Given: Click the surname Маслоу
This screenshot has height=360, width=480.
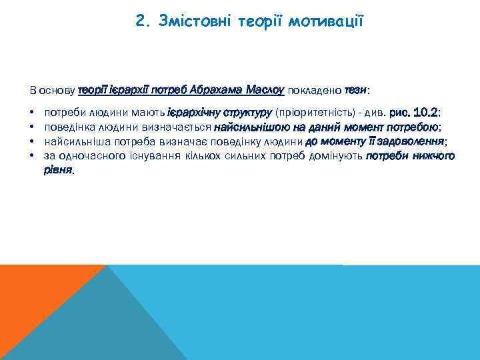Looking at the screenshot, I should click(x=265, y=90).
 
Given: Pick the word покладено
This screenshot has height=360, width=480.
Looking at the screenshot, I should click(x=315, y=90).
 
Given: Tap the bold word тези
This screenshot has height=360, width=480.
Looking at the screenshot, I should click(x=355, y=90).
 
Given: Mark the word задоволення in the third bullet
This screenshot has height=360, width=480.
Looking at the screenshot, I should click(x=415, y=141).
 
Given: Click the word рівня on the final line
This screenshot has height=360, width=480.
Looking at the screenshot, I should click(x=59, y=170).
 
